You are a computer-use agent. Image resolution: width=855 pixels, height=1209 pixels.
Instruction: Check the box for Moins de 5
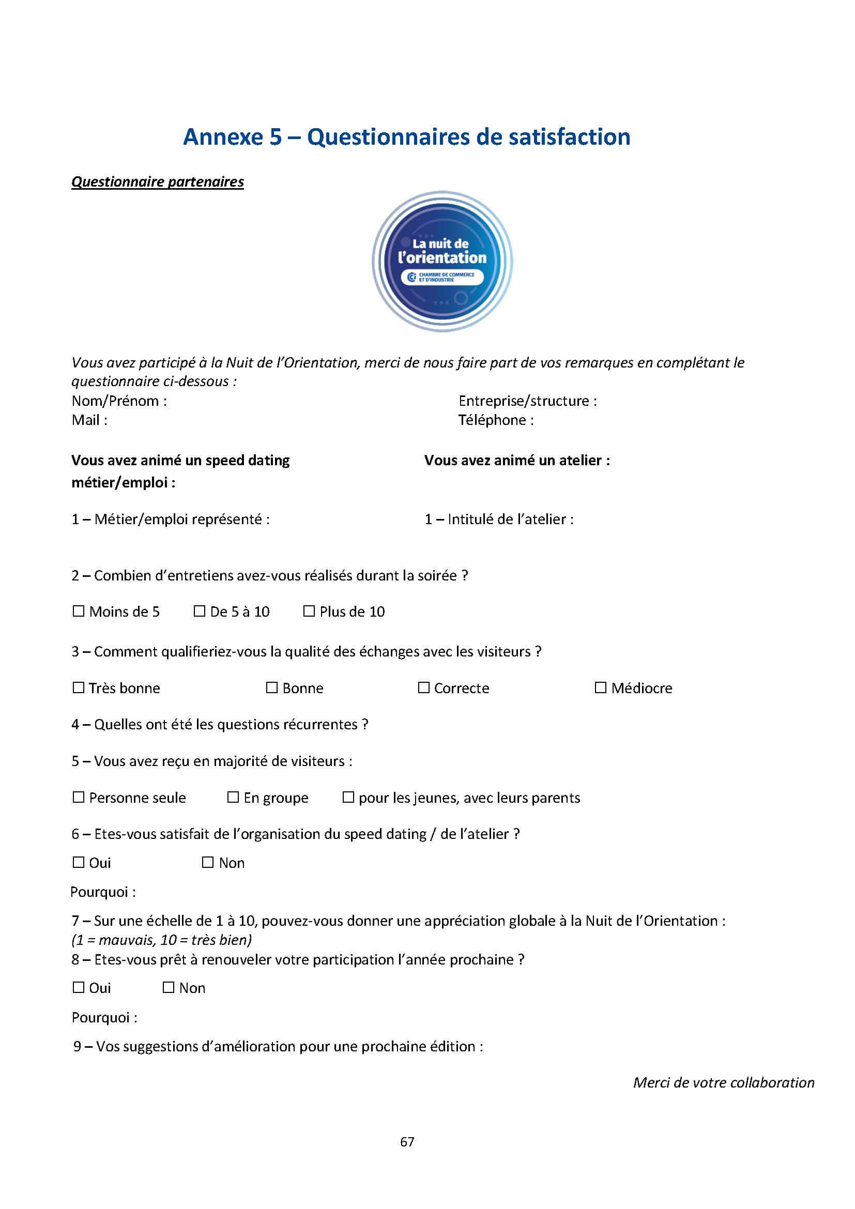pos(79,611)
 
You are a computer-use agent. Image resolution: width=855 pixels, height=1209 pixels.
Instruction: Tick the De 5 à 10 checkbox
pos(199,611)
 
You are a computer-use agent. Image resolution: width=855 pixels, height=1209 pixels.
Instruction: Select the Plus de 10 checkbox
pos(309,611)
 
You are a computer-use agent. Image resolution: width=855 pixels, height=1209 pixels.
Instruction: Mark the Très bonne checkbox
pos(79,687)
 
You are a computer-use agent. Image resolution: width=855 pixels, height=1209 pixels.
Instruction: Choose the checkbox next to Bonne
pos(272,687)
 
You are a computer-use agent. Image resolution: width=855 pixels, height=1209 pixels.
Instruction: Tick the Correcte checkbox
pos(423,687)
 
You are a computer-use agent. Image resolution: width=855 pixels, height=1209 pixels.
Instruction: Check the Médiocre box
pos(600,687)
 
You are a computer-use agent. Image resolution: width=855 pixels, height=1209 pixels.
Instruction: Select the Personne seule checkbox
pos(79,797)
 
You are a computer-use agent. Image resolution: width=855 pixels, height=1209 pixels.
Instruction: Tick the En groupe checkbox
pos(233,797)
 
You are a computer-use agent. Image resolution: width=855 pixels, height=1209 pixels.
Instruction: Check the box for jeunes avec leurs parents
pos(348,797)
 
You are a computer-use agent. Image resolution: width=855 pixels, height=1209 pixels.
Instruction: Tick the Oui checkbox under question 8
pos(79,987)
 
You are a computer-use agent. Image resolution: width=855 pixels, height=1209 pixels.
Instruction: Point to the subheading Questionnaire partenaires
pos(158,181)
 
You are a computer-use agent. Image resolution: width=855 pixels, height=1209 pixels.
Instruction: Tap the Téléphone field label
pos(495,420)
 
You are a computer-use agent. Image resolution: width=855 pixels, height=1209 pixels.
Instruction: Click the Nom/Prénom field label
pos(119,401)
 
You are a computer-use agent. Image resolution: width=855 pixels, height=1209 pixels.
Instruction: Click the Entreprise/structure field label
pos(528,401)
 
